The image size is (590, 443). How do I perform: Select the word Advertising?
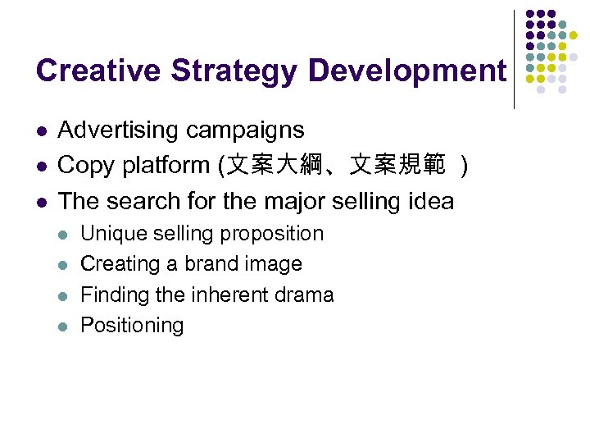pyautogui.click(x=118, y=130)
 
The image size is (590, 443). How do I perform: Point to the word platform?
pyautogui.click(x=167, y=166)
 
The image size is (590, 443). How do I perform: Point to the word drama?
pyautogui.click(x=303, y=295)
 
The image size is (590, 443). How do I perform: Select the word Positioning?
pyautogui.click(x=132, y=326)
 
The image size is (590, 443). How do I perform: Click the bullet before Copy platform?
pyautogui.click(x=41, y=167)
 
